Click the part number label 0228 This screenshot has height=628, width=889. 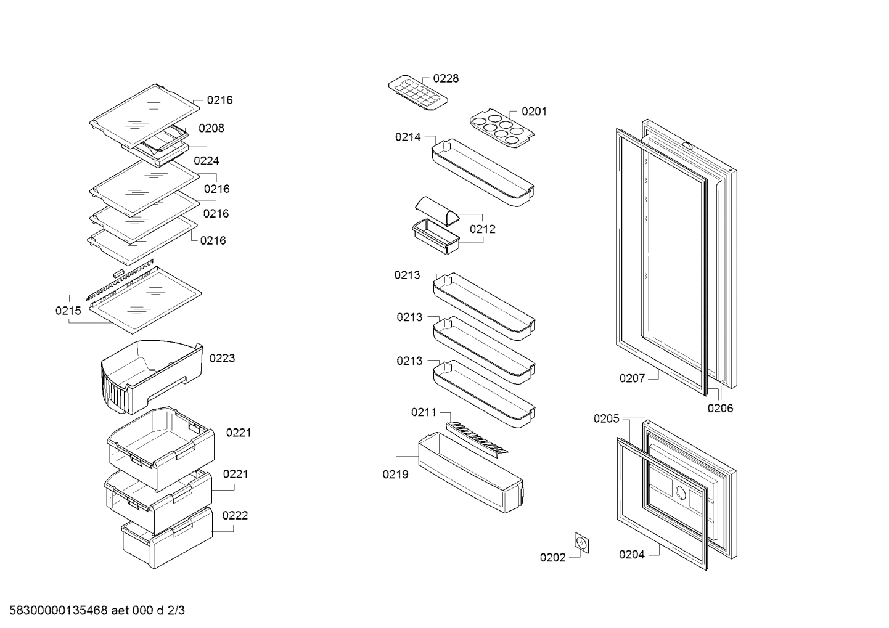point(445,79)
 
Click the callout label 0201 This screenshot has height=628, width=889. point(534,112)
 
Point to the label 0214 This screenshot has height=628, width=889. point(408,137)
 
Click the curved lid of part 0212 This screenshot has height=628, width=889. point(437,211)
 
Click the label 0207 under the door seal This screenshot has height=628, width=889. point(632,378)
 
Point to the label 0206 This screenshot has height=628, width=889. point(720,408)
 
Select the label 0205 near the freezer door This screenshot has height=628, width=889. point(606,419)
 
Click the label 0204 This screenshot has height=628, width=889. point(631,555)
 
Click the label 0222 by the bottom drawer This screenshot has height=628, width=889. point(235,516)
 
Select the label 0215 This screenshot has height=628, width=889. point(68,311)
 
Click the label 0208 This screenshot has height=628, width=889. point(211,128)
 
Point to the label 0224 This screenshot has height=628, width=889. point(206,161)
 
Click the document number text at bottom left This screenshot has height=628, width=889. point(93,611)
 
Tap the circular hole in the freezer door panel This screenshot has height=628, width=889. point(680,493)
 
